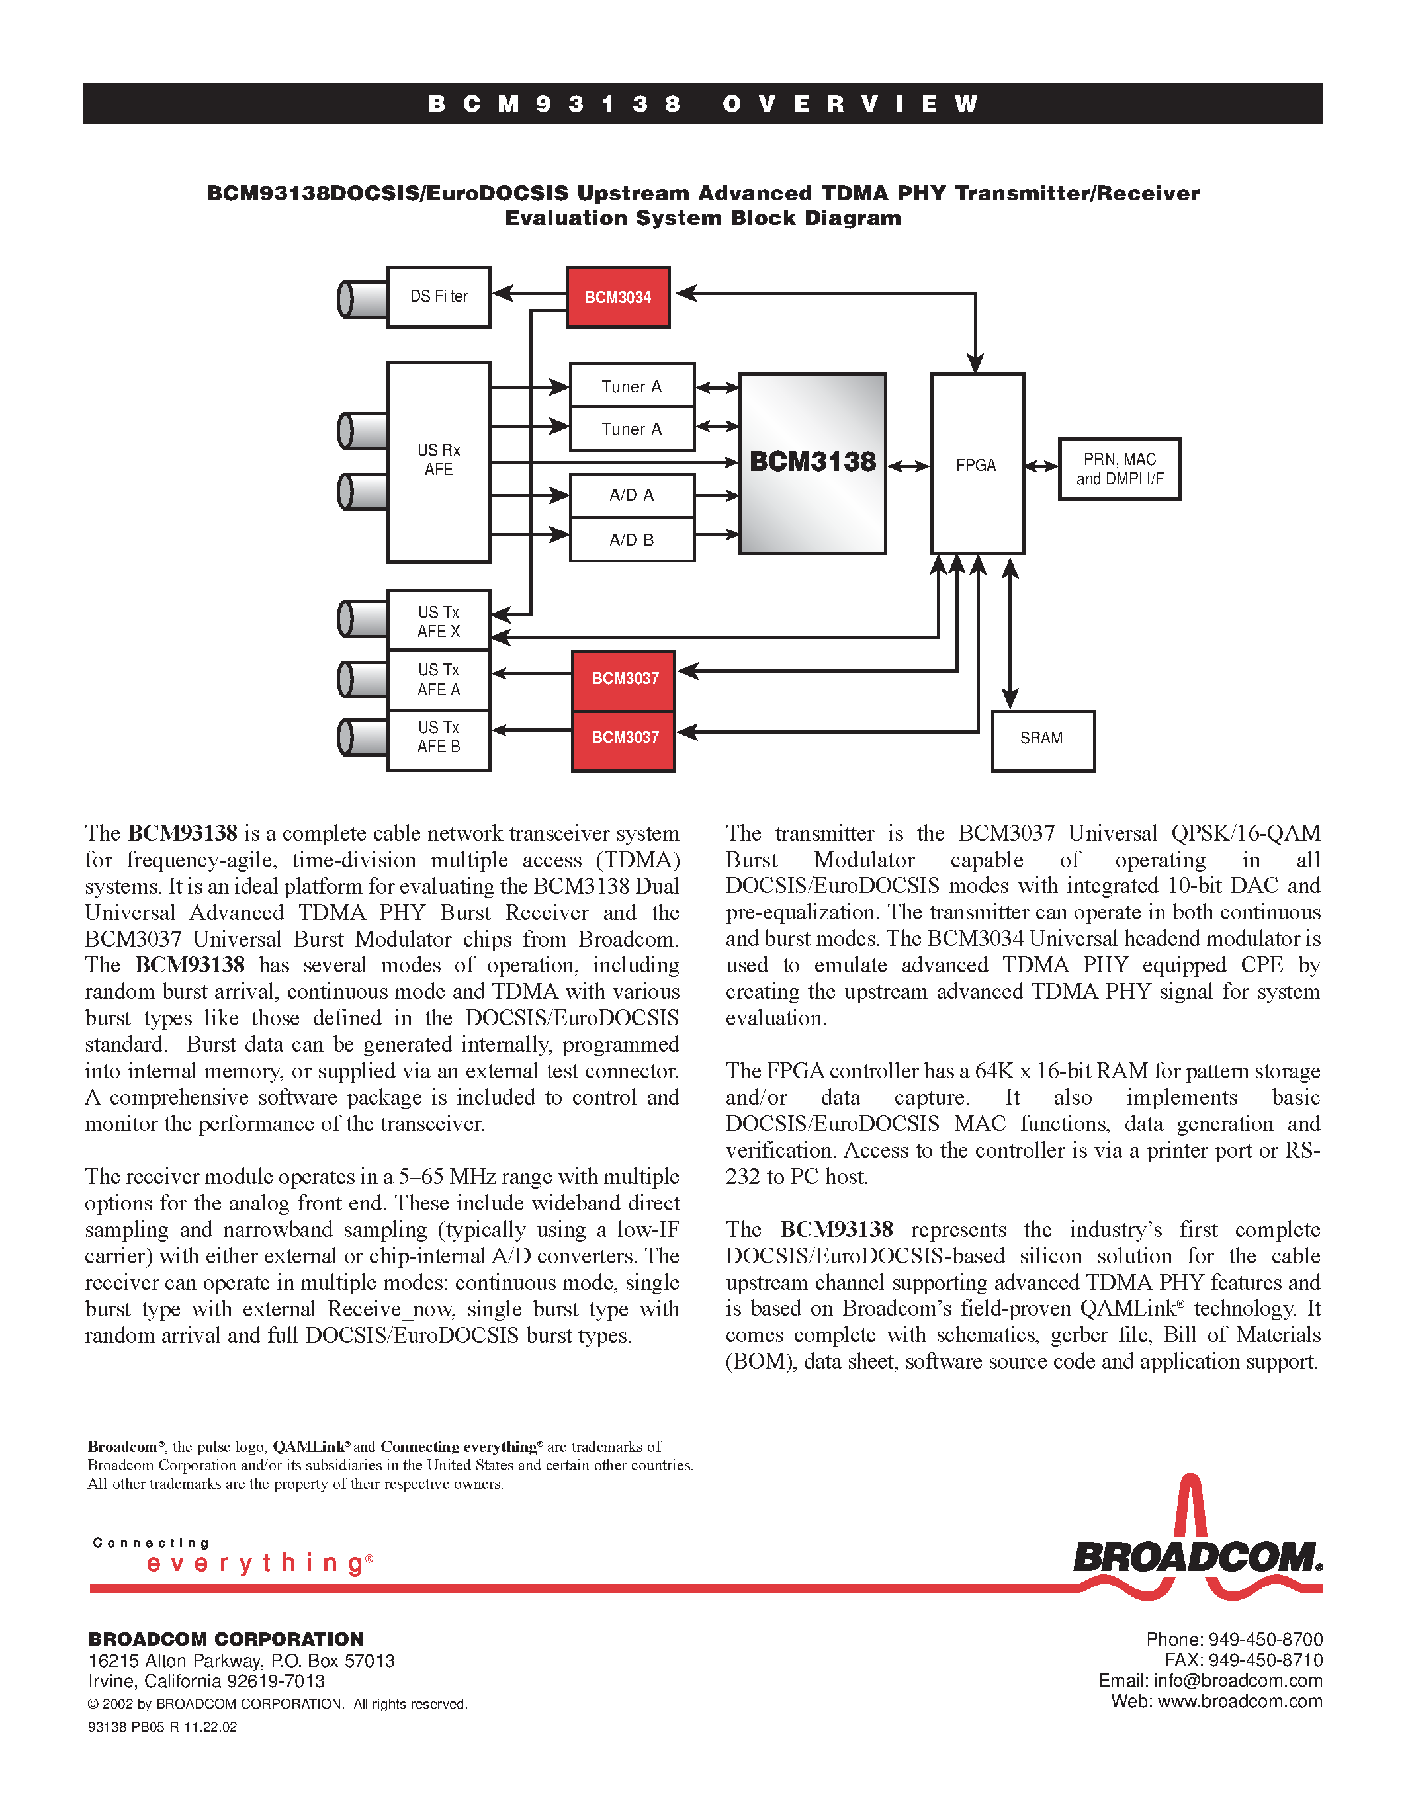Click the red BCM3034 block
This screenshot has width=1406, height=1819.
coord(618,298)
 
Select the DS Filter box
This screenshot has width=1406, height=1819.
coord(439,298)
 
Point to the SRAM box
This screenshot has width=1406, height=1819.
coord(1043,740)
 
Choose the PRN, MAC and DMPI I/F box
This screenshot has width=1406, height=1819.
coord(1120,469)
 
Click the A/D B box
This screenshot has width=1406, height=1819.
coord(632,540)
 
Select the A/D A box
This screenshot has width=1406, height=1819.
coord(632,495)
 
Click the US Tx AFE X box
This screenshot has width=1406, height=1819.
coord(439,620)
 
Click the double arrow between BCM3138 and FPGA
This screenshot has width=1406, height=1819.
coord(908,466)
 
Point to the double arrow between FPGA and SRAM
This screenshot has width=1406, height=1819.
coord(1010,633)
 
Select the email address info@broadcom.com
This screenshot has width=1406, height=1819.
coord(1238,1681)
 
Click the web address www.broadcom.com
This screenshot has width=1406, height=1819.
coord(1239,1701)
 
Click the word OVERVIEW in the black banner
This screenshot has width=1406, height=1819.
coord(850,104)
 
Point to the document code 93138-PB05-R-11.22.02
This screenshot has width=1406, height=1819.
coord(162,1727)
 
